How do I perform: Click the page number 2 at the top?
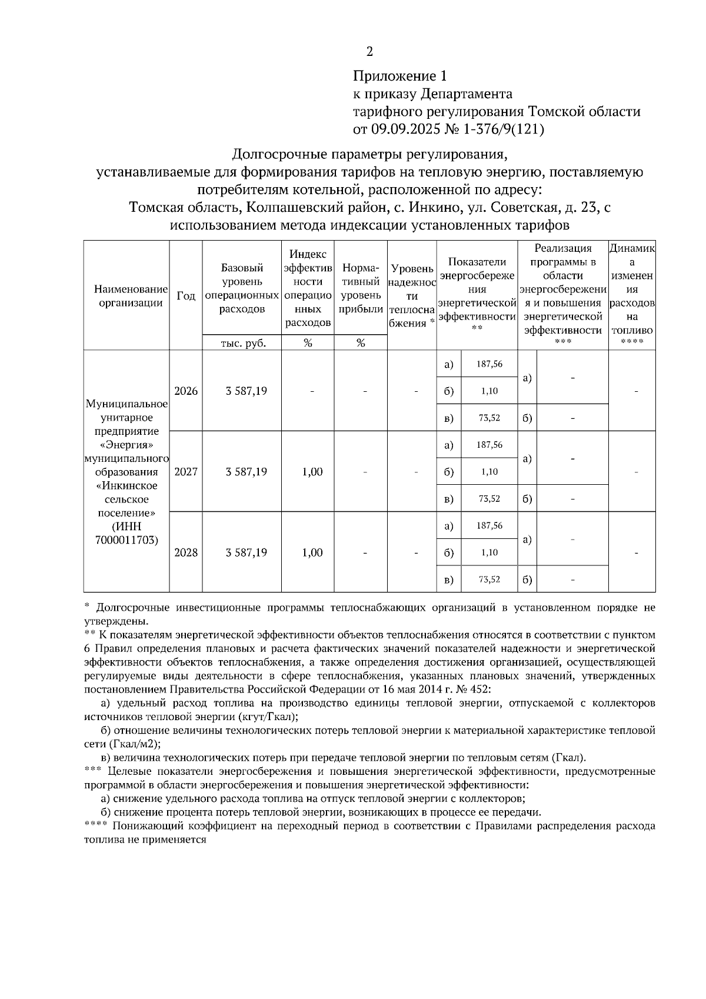point(369,52)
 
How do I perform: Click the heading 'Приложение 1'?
point(399,76)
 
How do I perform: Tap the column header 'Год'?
point(186,296)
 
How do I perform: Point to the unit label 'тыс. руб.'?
point(242,344)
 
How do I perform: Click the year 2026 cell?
point(186,391)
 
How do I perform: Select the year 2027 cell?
point(186,472)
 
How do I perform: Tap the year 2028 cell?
point(186,552)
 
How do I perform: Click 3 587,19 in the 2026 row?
point(247,391)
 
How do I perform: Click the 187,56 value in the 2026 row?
point(489,364)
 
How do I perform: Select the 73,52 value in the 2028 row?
point(489,580)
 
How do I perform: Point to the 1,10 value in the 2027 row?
point(489,472)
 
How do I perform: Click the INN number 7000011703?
point(126,540)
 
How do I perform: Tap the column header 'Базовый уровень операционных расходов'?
point(242,288)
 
